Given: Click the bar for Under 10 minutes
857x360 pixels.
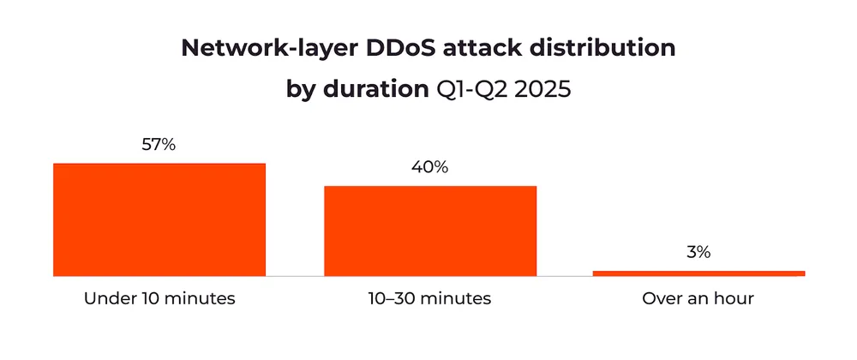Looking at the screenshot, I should click(159, 219).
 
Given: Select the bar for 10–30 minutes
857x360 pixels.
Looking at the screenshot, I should click(429, 231).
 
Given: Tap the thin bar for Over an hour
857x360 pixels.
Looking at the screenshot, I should click(698, 273).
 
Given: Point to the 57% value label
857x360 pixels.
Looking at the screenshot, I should click(159, 145).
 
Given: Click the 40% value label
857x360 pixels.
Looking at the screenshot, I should click(429, 167).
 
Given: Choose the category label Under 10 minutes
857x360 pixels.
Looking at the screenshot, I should click(159, 299).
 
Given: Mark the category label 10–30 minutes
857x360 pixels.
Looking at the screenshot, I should click(429, 299).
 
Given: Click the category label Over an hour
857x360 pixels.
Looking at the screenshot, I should click(698, 299).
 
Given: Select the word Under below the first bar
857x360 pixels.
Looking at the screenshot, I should click(105, 299).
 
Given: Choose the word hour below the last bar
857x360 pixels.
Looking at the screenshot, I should click(734, 299).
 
